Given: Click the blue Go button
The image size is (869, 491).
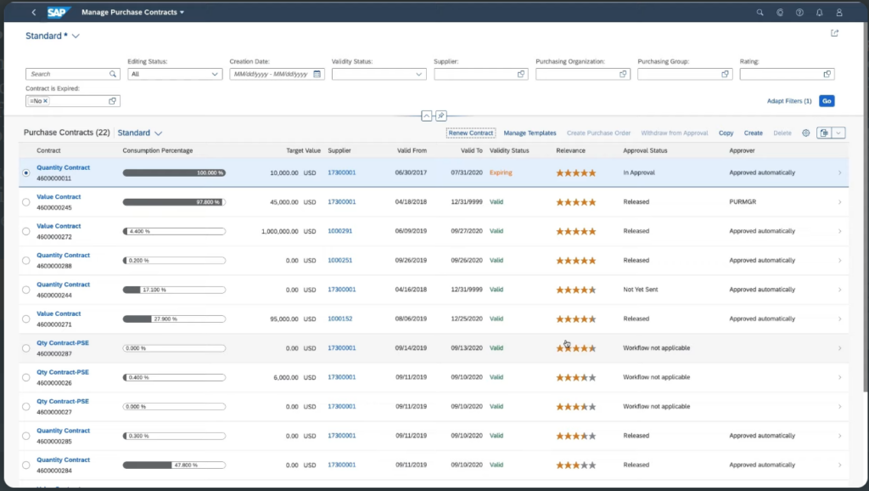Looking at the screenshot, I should [827, 101].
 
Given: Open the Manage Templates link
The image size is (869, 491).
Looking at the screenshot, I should [530, 133].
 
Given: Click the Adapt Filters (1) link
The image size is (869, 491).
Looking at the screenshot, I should [789, 101].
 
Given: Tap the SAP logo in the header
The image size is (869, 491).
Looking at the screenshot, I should [58, 13].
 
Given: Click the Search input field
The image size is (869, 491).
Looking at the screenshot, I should [68, 74].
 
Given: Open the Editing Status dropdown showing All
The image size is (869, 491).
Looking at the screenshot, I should [175, 74].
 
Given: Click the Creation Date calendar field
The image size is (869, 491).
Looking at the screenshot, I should [277, 74].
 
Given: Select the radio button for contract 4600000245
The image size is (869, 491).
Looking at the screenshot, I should [26, 202].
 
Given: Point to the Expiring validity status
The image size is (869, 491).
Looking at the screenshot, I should [501, 172].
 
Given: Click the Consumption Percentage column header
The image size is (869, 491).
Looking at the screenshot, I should [158, 151].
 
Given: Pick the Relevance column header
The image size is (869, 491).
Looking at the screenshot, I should [570, 151].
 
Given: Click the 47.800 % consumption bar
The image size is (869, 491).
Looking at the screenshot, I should [174, 465].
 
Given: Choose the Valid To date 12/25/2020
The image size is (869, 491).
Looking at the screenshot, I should [466, 319].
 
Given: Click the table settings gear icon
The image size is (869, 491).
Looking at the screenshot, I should [806, 133].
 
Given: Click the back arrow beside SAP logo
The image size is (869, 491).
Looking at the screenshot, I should [33, 13].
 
